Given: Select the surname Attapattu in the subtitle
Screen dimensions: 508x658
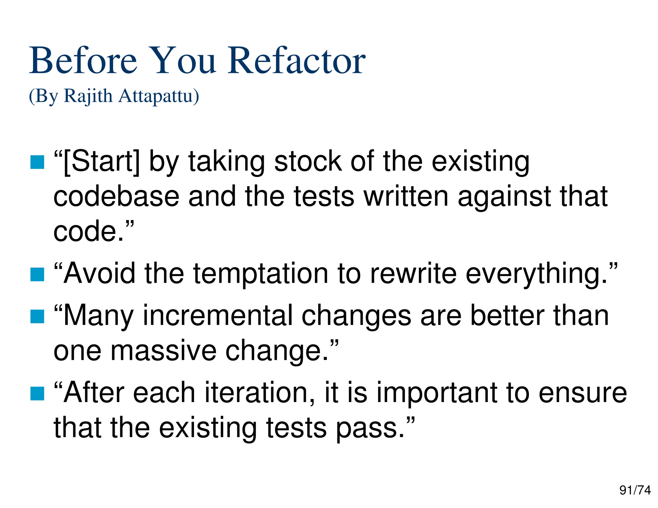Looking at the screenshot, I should pyautogui.click(x=158, y=96).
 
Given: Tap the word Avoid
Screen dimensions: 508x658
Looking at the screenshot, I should pyautogui.click(x=99, y=273).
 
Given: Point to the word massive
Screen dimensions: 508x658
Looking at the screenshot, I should pyautogui.click(x=163, y=351).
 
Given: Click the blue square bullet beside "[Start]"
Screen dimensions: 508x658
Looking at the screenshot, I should pyautogui.click(x=37, y=162).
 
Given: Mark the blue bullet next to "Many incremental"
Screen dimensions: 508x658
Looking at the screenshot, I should pyautogui.click(x=37, y=317).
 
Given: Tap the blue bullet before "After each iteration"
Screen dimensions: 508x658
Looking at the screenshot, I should pyautogui.click(x=37, y=394).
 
